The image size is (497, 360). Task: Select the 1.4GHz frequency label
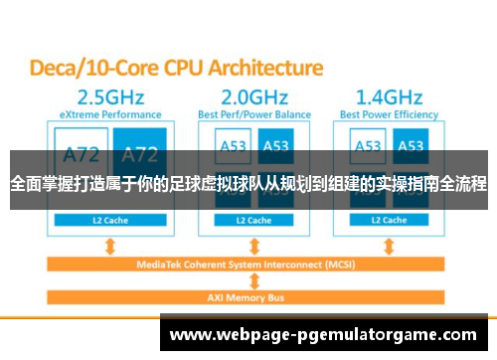[389, 97]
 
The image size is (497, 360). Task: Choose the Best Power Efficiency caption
[389, 115]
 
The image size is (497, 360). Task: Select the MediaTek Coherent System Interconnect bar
[248, 264]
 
